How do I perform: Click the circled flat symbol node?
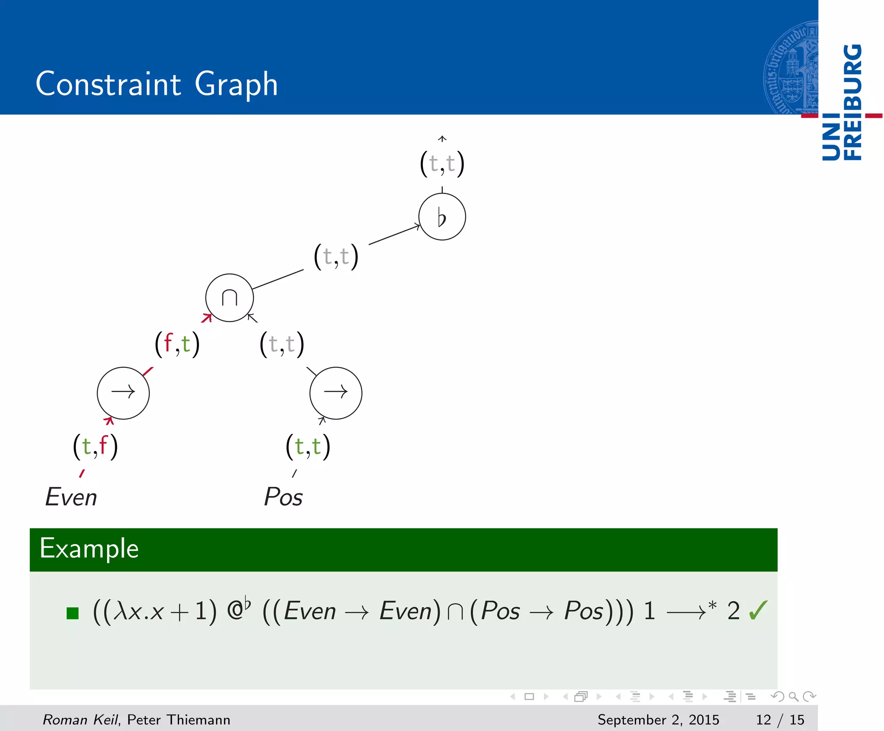point(442,216)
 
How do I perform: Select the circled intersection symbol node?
point(229,298)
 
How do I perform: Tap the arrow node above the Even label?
point(123,393)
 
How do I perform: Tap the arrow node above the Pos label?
point(335,393)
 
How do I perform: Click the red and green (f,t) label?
point(177,344)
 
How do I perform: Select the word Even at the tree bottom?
point(71,497)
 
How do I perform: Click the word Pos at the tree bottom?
point(283,497)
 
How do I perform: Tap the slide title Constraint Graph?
point(157,84)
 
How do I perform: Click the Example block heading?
point(89,549)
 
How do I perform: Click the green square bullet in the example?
point(73,613)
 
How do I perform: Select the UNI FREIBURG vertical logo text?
point(842,102)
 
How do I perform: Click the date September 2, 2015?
point(658,719)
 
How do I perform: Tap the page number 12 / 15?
point(780,719)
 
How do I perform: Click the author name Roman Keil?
point(80,719)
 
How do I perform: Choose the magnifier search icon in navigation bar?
point(793,696)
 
